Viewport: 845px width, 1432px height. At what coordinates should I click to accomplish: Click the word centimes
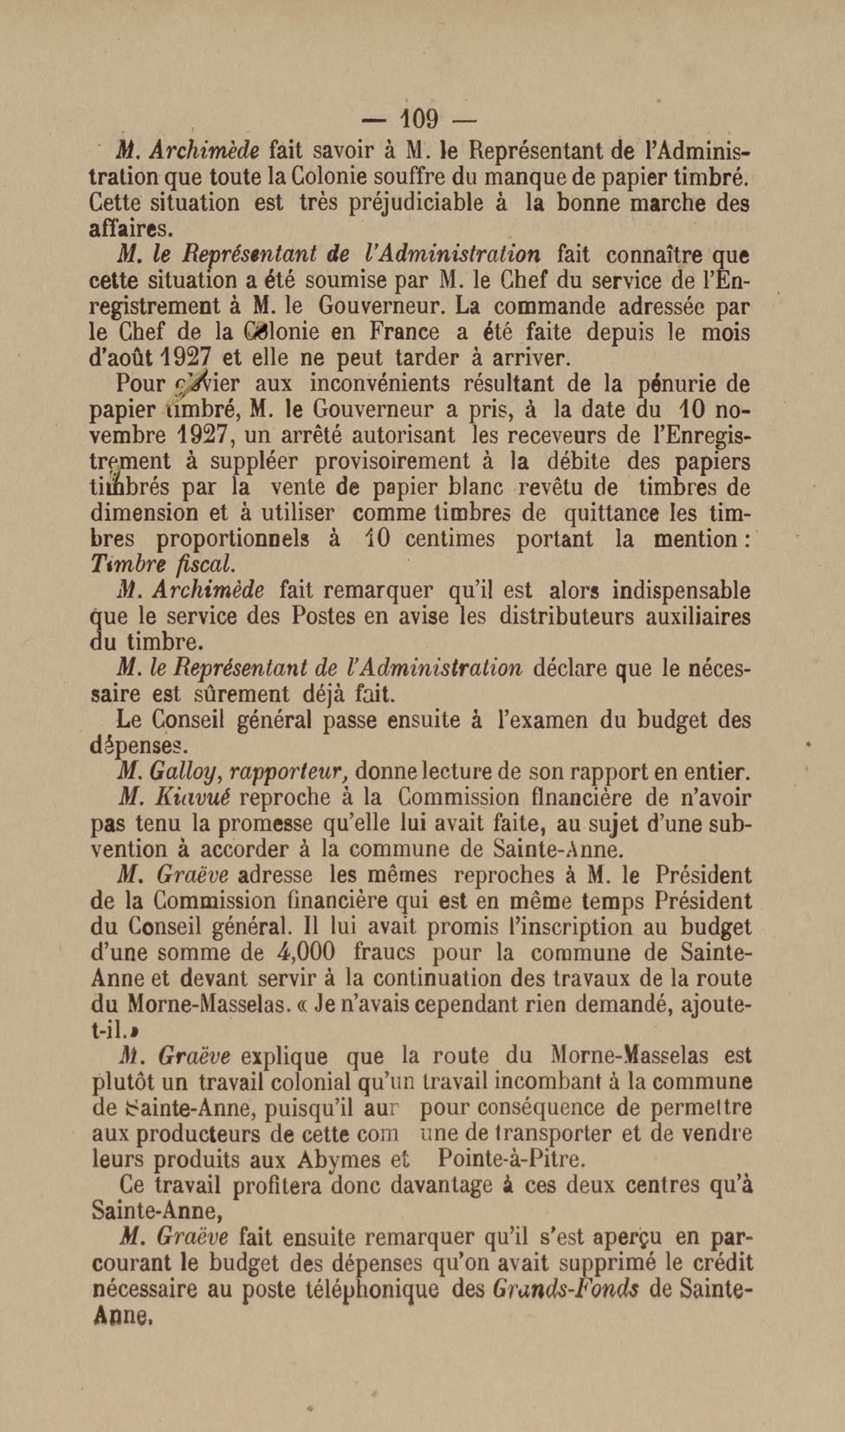[450, 539]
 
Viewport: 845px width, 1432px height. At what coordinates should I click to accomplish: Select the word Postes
[322, 616]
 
